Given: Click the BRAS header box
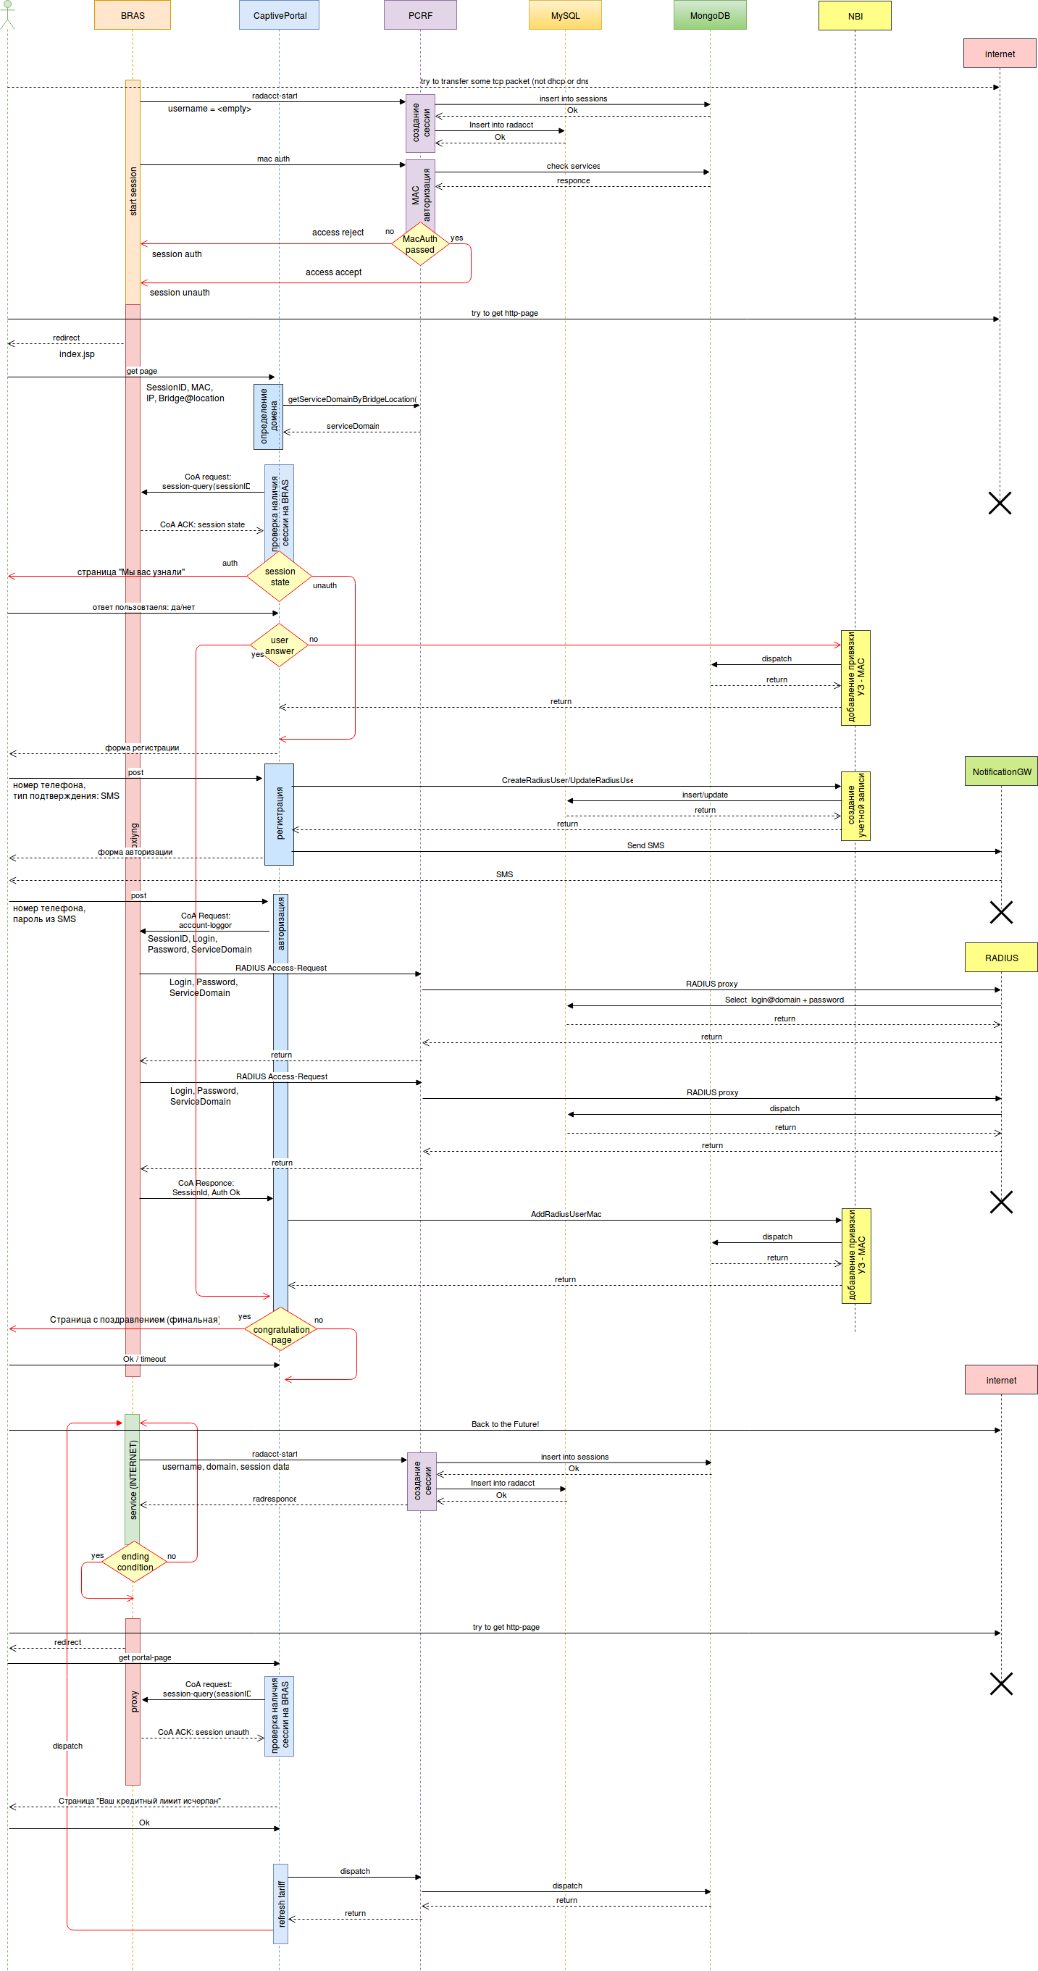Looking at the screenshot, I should [133, 15].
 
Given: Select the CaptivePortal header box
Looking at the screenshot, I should [279, 15].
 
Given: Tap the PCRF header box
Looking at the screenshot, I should [420, 15].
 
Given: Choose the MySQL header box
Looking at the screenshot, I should [564, 15].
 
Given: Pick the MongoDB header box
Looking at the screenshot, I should [709, 15].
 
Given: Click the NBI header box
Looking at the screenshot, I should [855, 15].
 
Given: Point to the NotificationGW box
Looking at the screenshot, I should [1000, 771].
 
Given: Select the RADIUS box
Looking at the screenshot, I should [1000, 957].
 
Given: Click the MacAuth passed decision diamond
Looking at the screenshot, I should [420, 244].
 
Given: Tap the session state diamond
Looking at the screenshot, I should [279, 576].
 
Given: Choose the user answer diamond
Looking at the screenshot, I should [279, 645].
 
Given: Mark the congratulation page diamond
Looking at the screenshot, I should [281, 1329].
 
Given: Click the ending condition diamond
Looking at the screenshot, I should [135, 1562].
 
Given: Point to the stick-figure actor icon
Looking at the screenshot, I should [8, 15].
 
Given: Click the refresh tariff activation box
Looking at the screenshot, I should [281, 1904].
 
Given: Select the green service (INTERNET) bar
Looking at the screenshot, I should [133, 1478].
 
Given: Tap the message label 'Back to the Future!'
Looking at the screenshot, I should [505, 1424].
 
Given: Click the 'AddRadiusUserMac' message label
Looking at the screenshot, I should [565, 1214].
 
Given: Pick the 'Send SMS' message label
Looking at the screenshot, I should [645, 845].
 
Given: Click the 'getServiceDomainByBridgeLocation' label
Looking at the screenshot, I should [352, 399].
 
